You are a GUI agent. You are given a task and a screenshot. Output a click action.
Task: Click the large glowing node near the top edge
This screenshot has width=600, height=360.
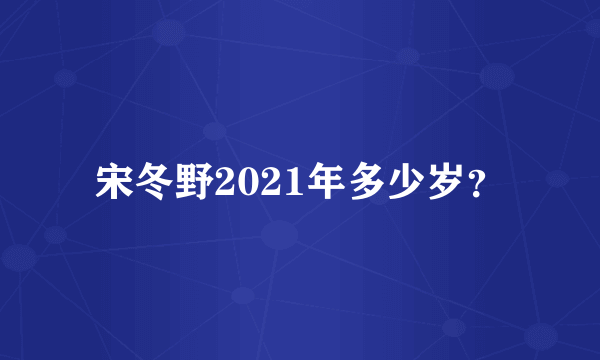170,30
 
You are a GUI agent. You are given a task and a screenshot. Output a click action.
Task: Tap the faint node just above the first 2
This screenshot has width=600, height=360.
213,131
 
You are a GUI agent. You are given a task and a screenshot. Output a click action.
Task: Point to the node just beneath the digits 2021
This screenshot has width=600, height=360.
279,235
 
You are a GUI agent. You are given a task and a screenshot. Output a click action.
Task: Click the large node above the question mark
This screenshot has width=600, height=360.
496,75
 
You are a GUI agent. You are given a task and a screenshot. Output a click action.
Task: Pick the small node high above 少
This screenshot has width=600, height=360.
406,56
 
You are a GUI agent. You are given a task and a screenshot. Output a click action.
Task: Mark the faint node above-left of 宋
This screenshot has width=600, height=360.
66,77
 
